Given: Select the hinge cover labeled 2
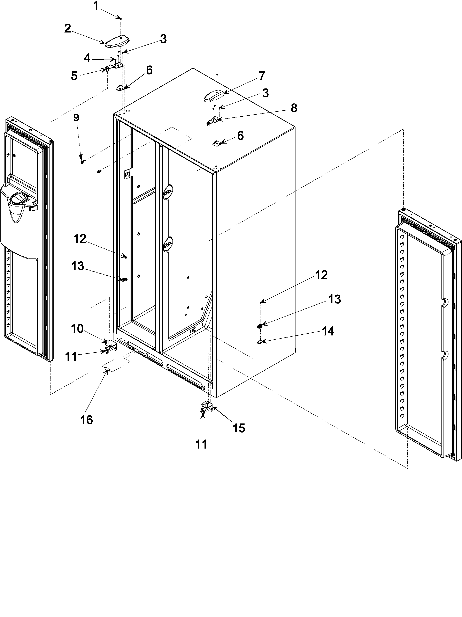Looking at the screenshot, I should tap(117, 42).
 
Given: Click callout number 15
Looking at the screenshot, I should tap(239, 428).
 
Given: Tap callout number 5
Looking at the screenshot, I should tap(74, 76).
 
